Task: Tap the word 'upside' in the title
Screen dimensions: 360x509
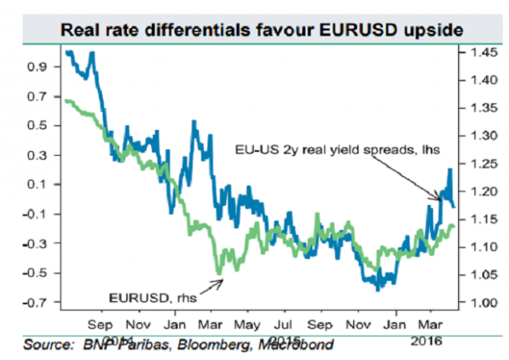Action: coord(434,29)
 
